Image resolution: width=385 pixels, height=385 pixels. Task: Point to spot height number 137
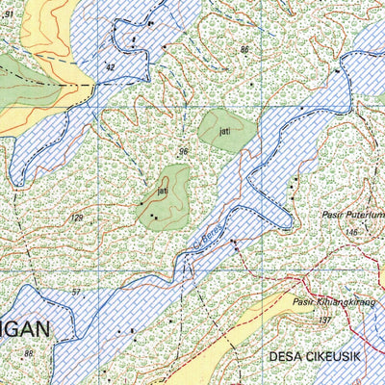(324, 319)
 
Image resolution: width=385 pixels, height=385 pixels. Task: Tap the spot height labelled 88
(29, 354)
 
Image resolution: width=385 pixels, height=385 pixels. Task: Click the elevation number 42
(110, 67)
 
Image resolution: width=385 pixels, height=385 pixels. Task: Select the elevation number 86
(245, 49)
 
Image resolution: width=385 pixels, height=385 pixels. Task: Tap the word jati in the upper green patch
(225, 127)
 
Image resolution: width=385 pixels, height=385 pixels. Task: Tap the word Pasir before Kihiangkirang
(301, 301)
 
